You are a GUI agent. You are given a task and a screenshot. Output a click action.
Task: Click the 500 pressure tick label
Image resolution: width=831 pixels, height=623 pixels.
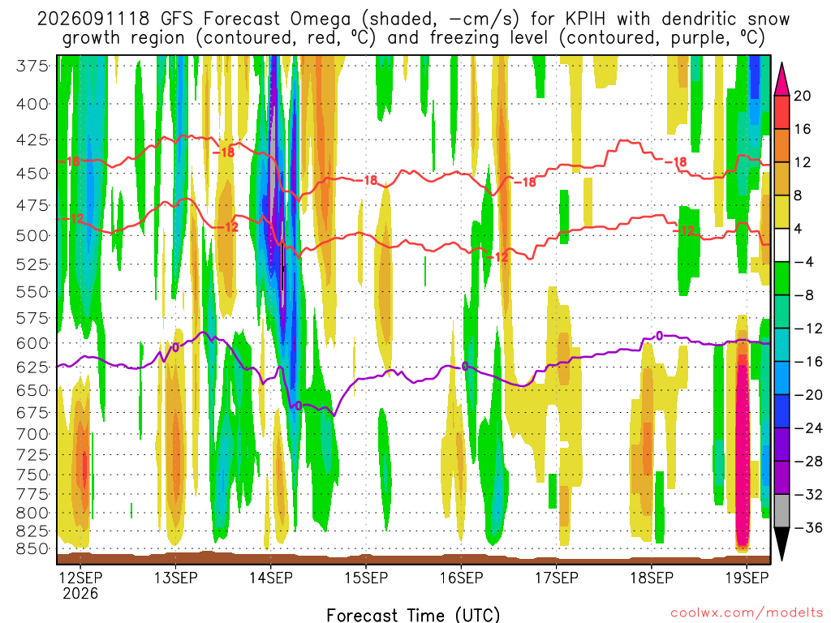pos(32,235)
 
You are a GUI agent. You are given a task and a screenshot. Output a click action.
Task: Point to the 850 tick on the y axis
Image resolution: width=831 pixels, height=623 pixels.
pos(32,549)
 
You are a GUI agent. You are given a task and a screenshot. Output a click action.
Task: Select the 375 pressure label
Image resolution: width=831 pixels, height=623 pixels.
pos(32,67)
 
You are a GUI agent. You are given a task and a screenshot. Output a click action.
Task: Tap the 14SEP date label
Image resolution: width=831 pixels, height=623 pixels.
pos(271,578)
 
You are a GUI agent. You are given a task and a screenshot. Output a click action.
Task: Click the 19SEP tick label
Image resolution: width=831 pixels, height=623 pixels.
pos(747,578)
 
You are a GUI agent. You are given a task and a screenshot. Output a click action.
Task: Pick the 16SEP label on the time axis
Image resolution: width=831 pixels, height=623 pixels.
pos(461,578)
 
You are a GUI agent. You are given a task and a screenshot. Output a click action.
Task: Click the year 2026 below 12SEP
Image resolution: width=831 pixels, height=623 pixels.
pos(80,593)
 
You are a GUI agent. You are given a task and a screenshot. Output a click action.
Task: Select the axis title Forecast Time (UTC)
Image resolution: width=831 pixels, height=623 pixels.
pos(413,615)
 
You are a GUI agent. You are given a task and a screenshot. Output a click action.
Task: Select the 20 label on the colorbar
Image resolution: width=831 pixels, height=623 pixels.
pos(802,96)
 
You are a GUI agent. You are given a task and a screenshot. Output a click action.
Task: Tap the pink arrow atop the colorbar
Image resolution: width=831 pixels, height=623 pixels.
pos(781,79)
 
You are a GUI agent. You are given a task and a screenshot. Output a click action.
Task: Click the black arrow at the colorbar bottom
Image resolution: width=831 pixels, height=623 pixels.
pos(781,544)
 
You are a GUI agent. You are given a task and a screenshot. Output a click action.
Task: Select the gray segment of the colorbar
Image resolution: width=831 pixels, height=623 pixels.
pos(781,511)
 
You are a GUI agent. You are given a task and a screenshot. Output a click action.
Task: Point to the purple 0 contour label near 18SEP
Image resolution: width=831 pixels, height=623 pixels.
pos(659,336)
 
